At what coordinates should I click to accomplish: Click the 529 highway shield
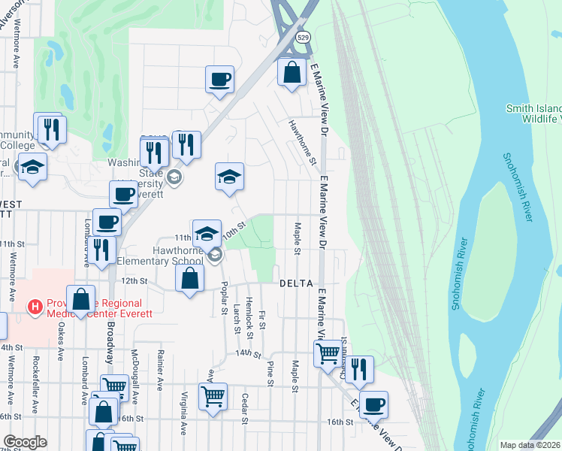pyautogui.click(x=302, y=36)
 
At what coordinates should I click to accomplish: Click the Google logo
pyautogui.click(x=24, y=442)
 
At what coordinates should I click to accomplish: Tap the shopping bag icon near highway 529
pyautogui.click(x=292, y=72)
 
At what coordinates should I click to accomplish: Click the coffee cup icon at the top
pyautogui.click(x=219, y=79)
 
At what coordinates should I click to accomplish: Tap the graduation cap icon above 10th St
pyautogui.click(x=230, y=177)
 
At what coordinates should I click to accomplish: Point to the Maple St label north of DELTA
pyautogui.click(x=298, y=238)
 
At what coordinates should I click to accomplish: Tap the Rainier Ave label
pyautogui.click(x=160, y=374)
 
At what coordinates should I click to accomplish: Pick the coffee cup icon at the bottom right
pyautogui.click(x=373, y=405)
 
